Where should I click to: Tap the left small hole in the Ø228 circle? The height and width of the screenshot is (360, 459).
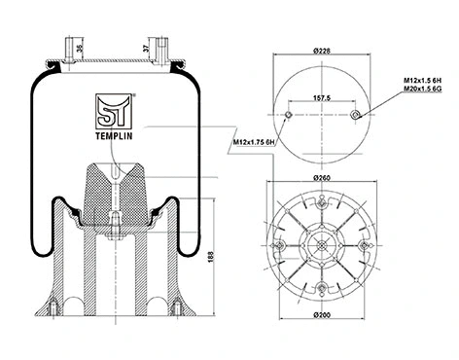291,116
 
